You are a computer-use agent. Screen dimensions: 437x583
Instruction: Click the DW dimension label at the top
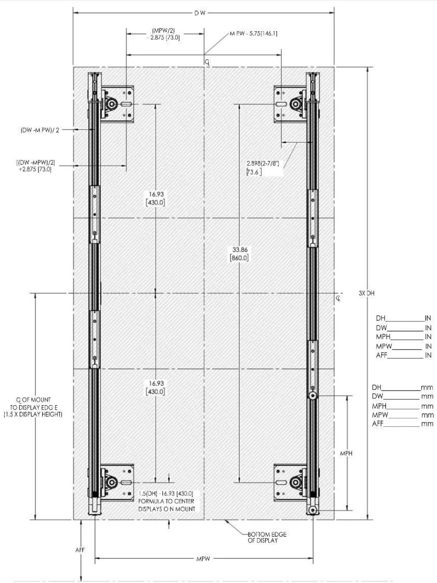(200, 13)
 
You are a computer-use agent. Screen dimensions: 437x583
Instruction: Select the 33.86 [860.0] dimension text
(239, 254)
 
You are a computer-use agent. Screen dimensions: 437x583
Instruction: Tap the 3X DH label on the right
(367, 293)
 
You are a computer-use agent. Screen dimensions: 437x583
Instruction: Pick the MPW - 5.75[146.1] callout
(253, 34)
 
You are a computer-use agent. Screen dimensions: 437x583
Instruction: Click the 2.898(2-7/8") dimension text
(263, 164)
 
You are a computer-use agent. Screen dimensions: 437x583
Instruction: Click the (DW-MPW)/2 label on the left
(40, 130)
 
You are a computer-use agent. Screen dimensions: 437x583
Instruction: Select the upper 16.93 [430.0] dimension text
(156, 198)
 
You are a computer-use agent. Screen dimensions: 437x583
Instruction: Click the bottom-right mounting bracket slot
(281, 482)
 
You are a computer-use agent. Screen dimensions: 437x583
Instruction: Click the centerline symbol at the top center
(207, 63)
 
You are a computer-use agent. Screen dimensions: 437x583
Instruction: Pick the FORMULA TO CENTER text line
(166, 501)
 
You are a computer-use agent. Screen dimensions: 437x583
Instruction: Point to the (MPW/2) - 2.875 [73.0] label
(163, 34)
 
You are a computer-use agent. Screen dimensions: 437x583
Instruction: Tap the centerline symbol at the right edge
(338, 299)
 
